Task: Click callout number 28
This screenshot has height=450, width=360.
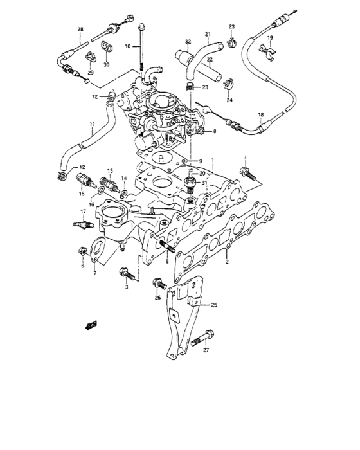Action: click(x=80, y=30)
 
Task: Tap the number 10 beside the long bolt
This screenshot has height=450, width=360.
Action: click(x=127, y=47)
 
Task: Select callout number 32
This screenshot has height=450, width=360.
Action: click(x=188, y=42)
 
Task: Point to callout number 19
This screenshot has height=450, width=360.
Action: click(x=270, y=39)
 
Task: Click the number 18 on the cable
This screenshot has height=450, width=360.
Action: click(x=261, y=115)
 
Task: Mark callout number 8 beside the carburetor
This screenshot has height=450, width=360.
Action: click(x=215, y=132)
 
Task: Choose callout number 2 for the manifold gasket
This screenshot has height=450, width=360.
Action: click(x=226, y=263)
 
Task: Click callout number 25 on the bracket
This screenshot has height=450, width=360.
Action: click(x=215, y=305)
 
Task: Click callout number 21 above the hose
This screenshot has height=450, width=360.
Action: click(x=208, y=34)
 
